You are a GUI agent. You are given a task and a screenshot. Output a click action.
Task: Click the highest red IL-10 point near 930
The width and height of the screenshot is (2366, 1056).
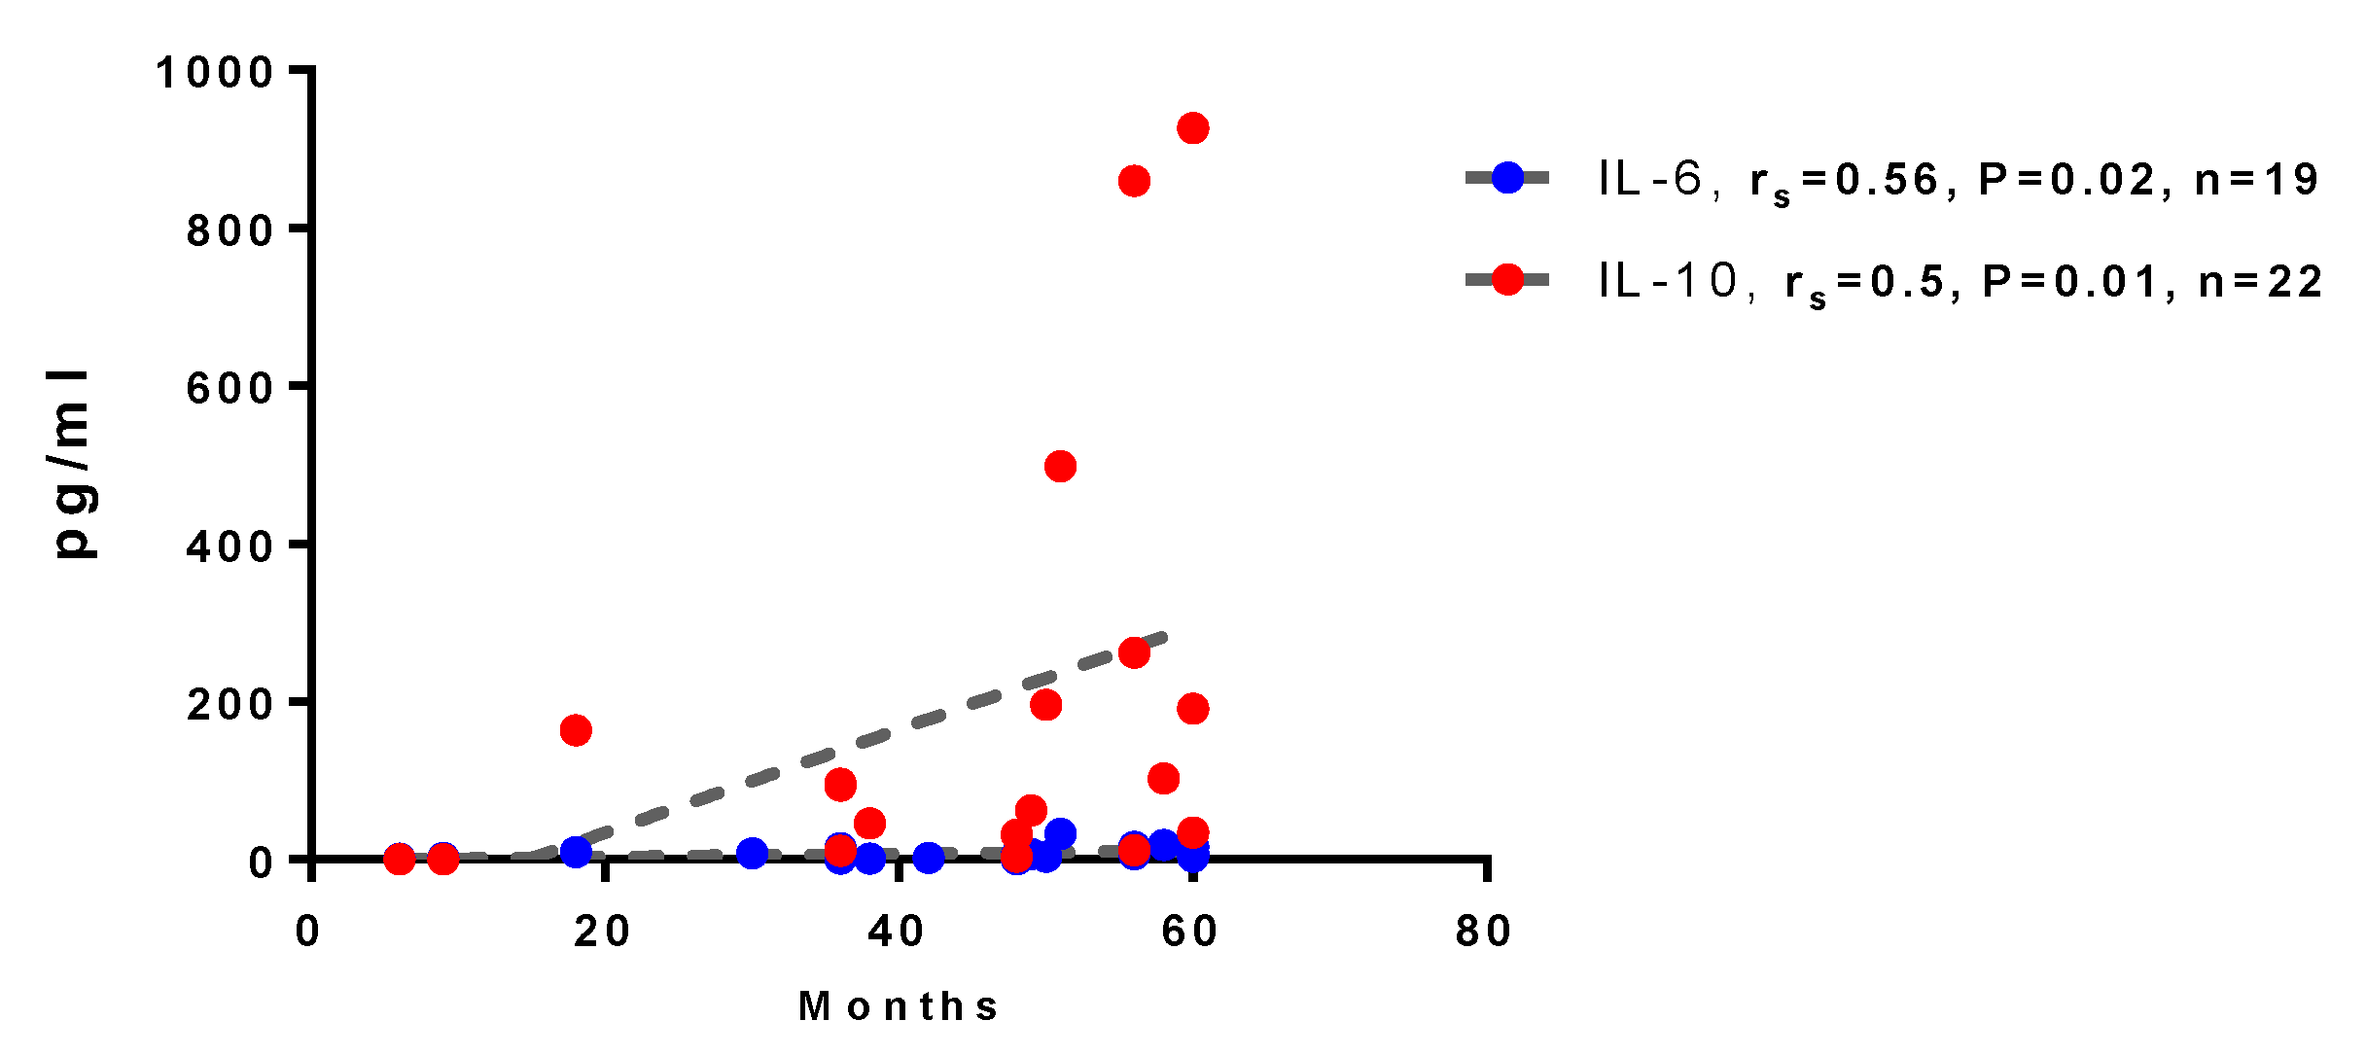[x=1192, y=128]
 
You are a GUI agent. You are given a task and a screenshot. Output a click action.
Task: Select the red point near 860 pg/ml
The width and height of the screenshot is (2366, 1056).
[x=1134, y=181]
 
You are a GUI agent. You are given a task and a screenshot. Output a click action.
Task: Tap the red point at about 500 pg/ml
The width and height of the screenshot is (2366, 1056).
[x=1060, y=467]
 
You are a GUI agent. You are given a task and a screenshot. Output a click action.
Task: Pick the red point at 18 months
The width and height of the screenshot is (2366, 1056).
[x=576, y=730]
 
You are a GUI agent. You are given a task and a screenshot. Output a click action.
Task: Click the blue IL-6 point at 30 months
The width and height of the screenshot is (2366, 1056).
[x=752, y=854]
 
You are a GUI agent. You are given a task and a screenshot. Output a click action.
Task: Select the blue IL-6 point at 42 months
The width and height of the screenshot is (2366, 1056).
[x=929, y=858]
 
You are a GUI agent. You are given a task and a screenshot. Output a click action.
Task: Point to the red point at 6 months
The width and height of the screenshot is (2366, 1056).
[x=400, y=859]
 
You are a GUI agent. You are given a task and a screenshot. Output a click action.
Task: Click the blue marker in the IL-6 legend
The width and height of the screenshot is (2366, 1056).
[x=1507, y=177]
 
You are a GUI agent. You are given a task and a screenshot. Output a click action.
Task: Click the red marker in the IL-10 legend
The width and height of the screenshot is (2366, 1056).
[x=1507, y=279]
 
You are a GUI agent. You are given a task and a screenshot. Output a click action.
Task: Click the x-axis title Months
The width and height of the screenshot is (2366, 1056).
[x=899, y=1006]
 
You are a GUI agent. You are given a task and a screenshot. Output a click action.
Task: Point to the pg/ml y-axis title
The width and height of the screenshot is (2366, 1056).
[x=74, y=465]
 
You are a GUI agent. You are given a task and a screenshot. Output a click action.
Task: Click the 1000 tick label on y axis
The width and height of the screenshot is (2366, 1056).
[x=215, y=73]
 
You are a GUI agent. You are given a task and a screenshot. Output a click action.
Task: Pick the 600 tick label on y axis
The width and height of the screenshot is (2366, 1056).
[x=230, y=388]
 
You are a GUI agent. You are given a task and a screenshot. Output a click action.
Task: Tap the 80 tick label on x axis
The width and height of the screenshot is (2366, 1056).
[x=1484, y=932]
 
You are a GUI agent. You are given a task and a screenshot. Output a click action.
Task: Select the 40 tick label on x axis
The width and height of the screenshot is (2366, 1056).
[x=897, y=932]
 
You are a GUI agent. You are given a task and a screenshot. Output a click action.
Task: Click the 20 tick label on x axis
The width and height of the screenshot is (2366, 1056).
[x=602, y=932]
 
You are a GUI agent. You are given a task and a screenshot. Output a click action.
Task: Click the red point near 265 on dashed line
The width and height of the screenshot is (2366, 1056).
[x=1134, y=653]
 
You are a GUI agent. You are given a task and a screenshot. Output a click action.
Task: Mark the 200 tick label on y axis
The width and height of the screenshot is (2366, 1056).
[x=230, y=704]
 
